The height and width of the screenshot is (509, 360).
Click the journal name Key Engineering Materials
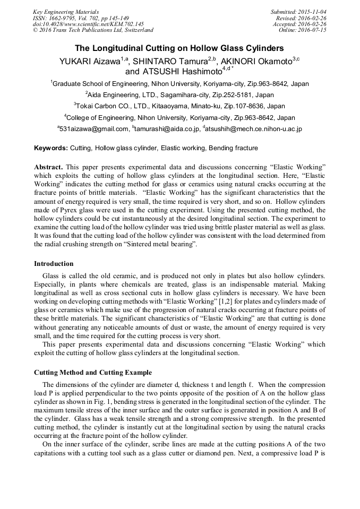click(x=66, y=11)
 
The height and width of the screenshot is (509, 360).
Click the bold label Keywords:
click(x=50, y=148)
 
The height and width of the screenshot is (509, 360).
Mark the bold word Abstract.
click(x=50, y=167)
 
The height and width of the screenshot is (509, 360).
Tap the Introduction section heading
click(x=54, y=264)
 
